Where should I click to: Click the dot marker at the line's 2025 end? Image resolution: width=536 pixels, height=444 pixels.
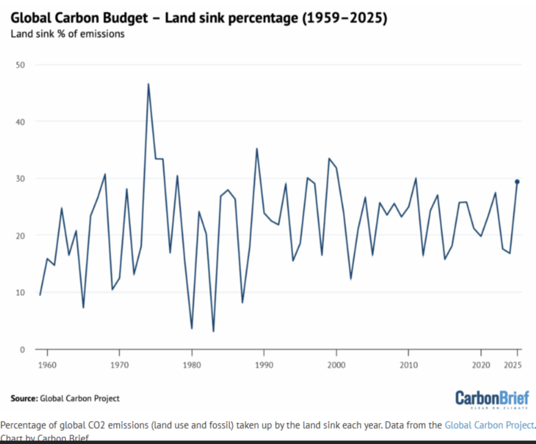point(517,182)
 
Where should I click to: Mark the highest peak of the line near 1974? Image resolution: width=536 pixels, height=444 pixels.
point(148,84)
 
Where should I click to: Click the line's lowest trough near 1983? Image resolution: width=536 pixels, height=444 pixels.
point(214,331)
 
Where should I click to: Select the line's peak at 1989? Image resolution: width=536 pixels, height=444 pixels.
point(256,149)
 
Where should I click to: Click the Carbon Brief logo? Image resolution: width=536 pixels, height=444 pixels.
point(492,399)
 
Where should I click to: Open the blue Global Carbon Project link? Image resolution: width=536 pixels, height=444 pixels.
point(489,425)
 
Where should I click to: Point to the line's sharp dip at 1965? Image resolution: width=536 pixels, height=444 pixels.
point(83,307)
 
